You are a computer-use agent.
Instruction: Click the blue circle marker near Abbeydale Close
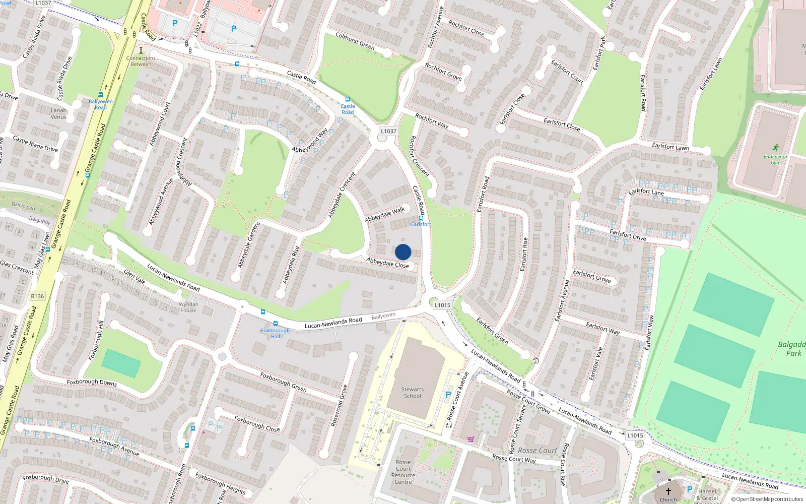[x=403, y=252]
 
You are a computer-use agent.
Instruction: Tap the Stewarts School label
[x=413, y=393]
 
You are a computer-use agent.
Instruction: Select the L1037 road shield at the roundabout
[x=388, y=131]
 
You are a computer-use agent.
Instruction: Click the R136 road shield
[x=37, y=296]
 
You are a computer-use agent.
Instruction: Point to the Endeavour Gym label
[x=775, y=159]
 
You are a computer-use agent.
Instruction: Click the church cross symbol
[x=668, y=491]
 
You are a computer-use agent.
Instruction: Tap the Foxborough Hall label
[x=276, y=333]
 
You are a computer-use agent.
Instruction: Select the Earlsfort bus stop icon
[x=421, y=218]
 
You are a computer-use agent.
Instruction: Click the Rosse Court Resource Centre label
[x=403, y=472]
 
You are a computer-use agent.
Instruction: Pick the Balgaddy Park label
[x=793, y=348]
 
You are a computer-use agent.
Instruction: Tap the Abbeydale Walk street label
[x=385, y=214]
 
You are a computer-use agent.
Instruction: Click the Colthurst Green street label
[x=355, y=41]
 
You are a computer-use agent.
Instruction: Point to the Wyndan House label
[x=188, y=307]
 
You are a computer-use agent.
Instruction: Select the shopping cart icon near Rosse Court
[x=471, y=439]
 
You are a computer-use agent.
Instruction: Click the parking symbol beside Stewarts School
[x=448, y=395]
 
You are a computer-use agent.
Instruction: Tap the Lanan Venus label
[x=58, y=113]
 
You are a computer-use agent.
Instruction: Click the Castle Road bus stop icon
[x=347, y=99]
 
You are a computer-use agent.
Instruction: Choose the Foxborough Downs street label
[x=92, y=383]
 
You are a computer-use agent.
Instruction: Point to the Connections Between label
[x=141, y=61]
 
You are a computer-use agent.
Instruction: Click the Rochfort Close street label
[x=466, y=28]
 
